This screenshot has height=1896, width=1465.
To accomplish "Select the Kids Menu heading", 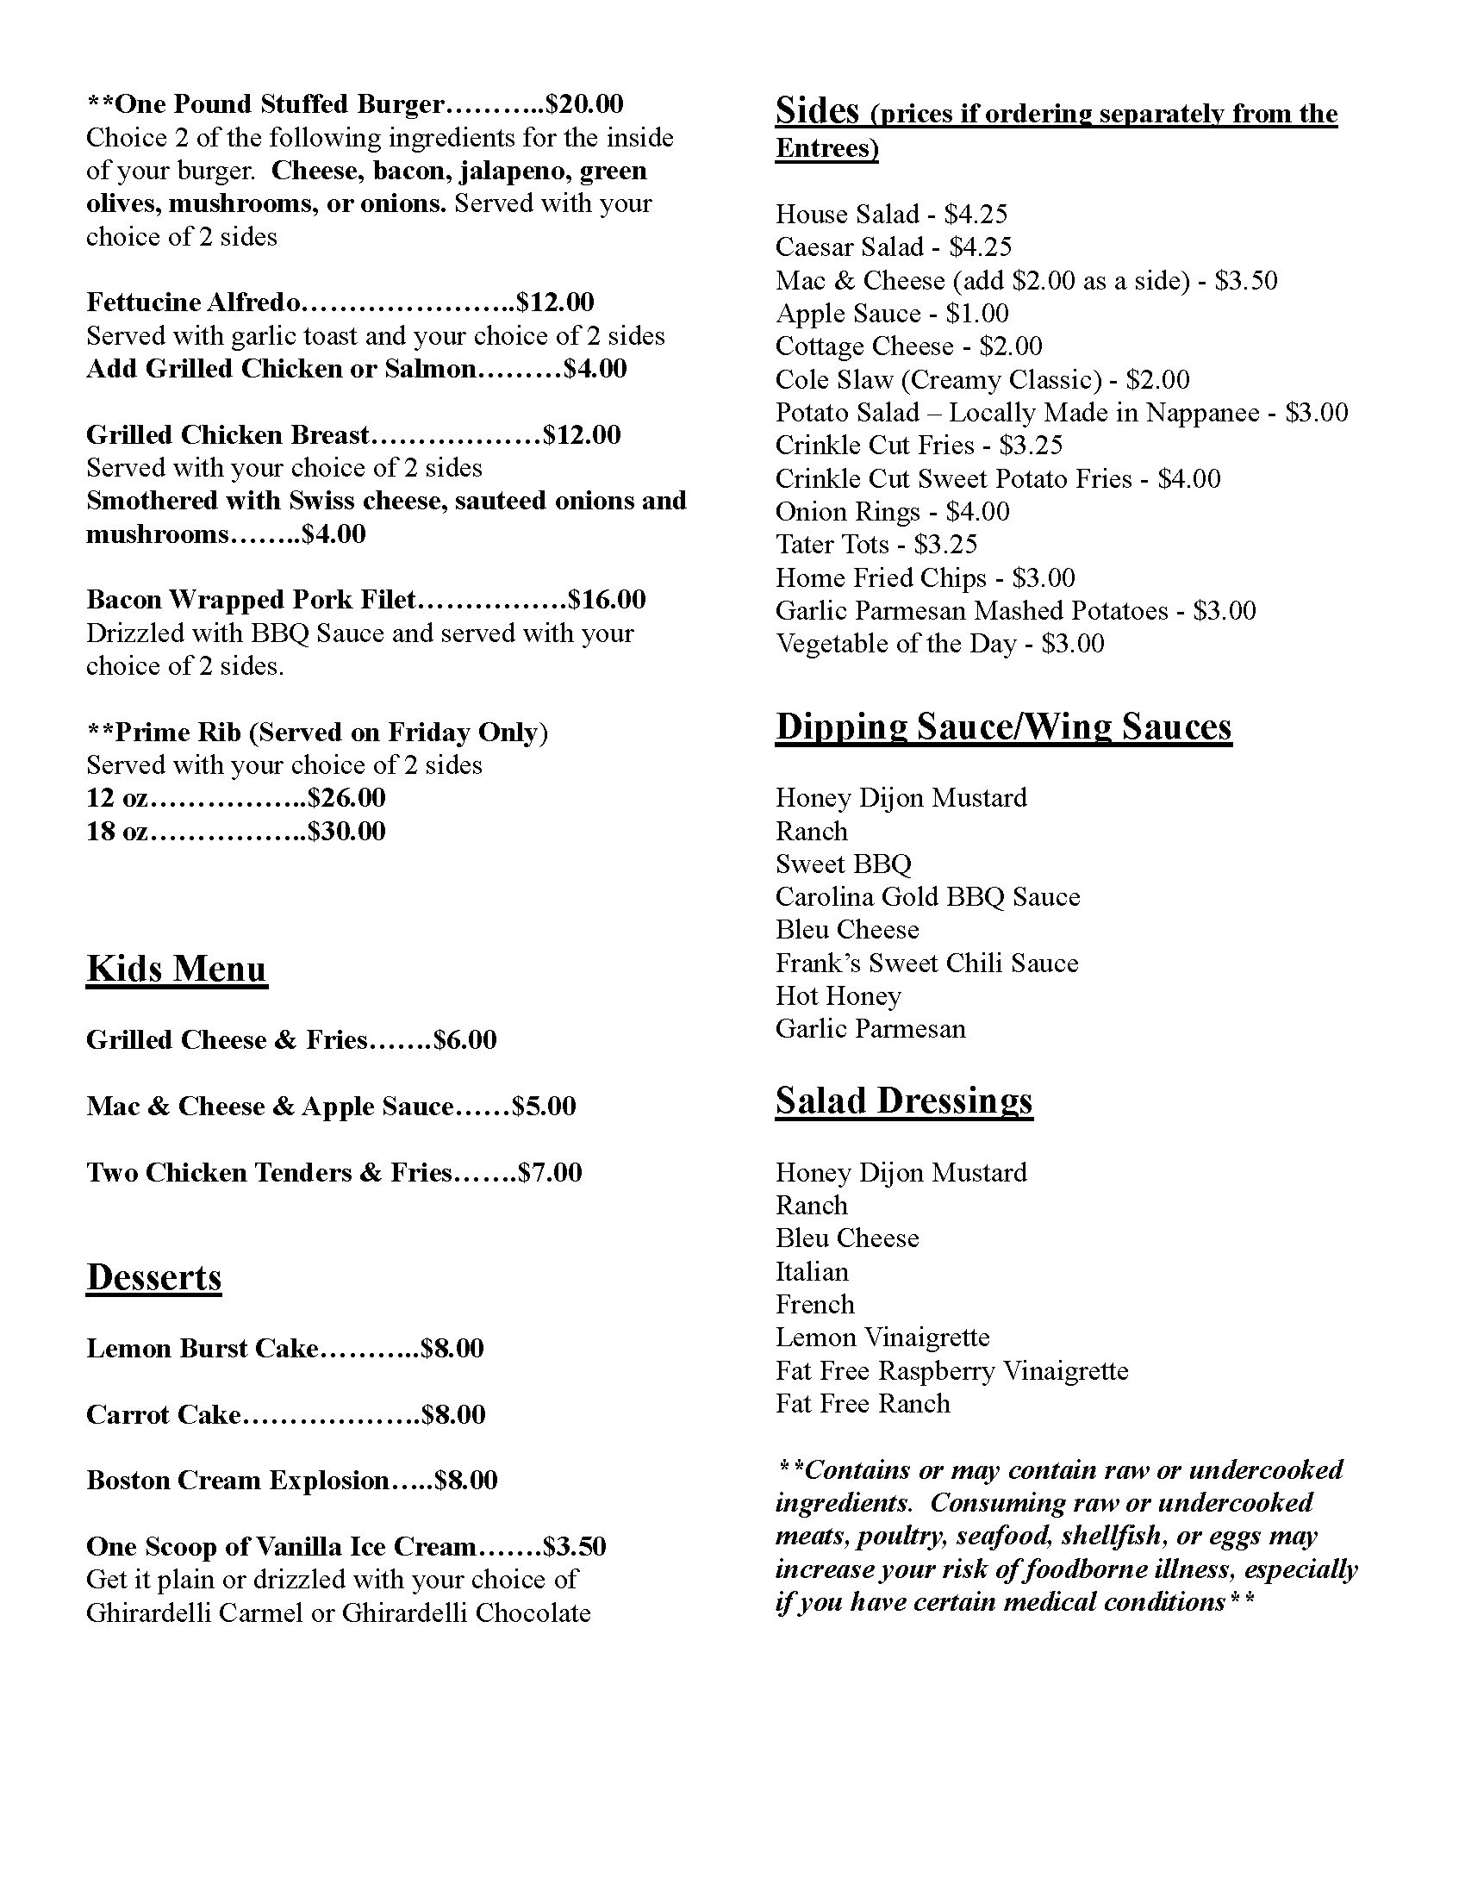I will pyautogui.click(x=177, y=969).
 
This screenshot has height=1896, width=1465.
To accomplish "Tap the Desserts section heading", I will pyautogui.click(x=153, y=1277).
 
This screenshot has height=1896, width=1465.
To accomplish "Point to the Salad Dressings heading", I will pyautogui.click(x=903, y=1101).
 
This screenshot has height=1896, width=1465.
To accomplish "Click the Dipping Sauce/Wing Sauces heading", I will pyautogui.click(x=1003, y=727).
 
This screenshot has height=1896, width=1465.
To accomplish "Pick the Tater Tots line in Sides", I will pyautogui.click(x=876, y=545).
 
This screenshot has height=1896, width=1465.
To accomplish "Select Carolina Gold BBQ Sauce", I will pyautogui.click(x=928, y=897).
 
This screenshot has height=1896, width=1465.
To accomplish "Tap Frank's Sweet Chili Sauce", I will pyautogui.click(x=927, y=963).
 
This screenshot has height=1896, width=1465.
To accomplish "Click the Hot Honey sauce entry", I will pyautogui.click(x=838, y=995).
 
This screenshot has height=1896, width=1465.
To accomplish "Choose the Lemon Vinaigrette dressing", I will pyautogui.click(x=882, y=1337).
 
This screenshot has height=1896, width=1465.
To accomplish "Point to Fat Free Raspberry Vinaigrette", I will pyautogui.click(x=952, y=1371).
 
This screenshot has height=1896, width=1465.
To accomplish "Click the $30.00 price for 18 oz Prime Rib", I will pyautogui.click(x=347, y=832).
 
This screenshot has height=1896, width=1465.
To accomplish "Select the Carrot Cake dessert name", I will pyautogui.click(x=163, y=1414).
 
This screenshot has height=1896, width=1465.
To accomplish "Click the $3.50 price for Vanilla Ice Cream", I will pyautogui.click(x=575, y=1546).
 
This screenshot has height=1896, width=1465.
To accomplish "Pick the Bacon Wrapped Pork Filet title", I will pyautogui.click(x=252, y=600).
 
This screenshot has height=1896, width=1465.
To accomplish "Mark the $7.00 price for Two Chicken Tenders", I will pyautogui.click(x=551, y=1173).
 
